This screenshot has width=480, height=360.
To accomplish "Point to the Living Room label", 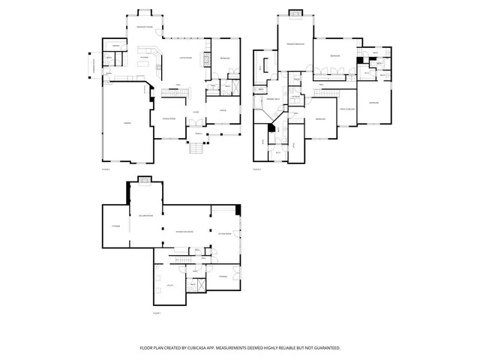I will click(x=184, y=57).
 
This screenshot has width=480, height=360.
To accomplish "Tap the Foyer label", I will click(x=194, y=112).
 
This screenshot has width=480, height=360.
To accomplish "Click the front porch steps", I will click(x=196, y=148).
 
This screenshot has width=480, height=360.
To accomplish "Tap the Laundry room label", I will click(x=295, y=98).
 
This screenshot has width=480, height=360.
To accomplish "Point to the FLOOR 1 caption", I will click(x=157, y=313).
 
